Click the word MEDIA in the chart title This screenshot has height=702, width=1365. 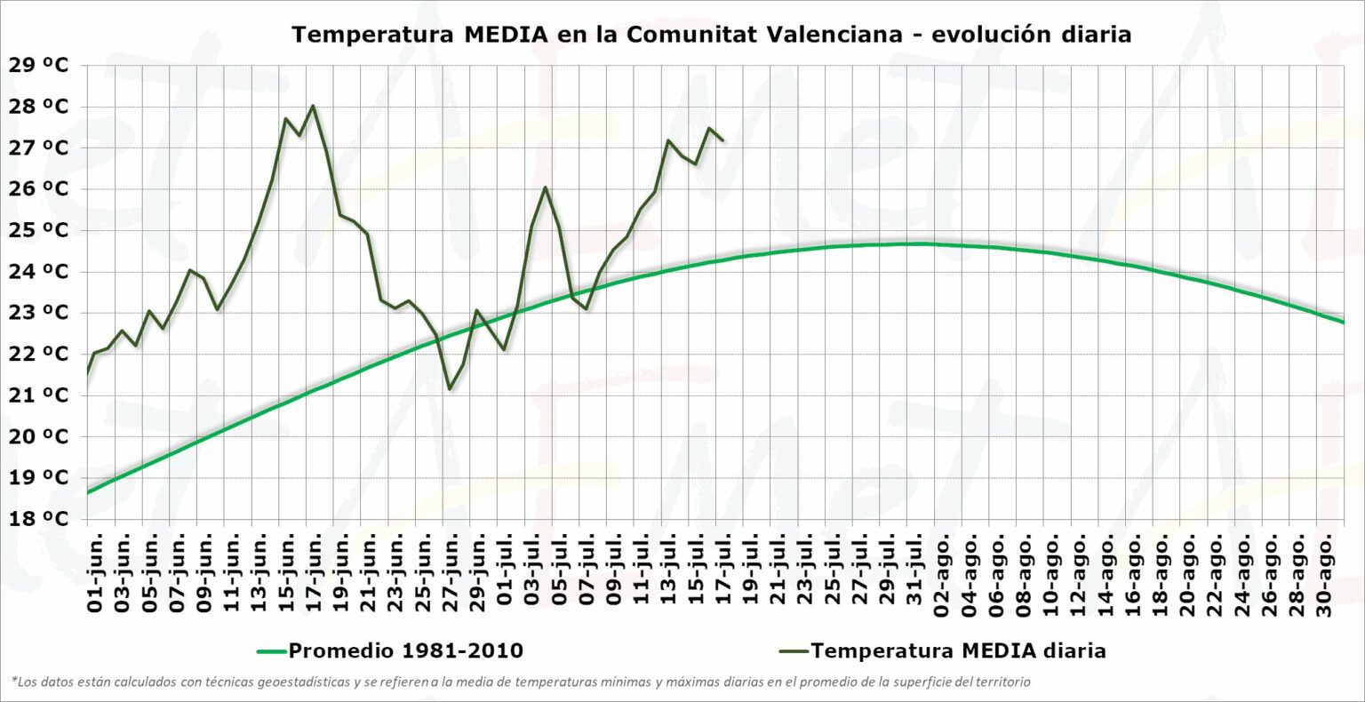504,35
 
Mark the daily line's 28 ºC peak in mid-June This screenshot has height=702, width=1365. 313,106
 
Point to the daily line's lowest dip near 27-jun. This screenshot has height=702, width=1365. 450,388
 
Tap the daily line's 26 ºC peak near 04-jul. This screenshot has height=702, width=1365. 545,187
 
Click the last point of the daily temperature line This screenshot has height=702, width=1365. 722,140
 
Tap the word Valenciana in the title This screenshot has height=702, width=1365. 822,35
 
